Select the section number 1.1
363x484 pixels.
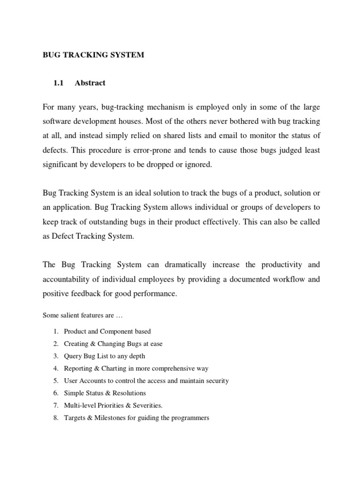coord(59,83)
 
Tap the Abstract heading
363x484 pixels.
coord(90,83)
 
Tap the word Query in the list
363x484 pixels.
coord(72,356)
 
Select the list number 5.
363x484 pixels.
coord(55,380)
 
